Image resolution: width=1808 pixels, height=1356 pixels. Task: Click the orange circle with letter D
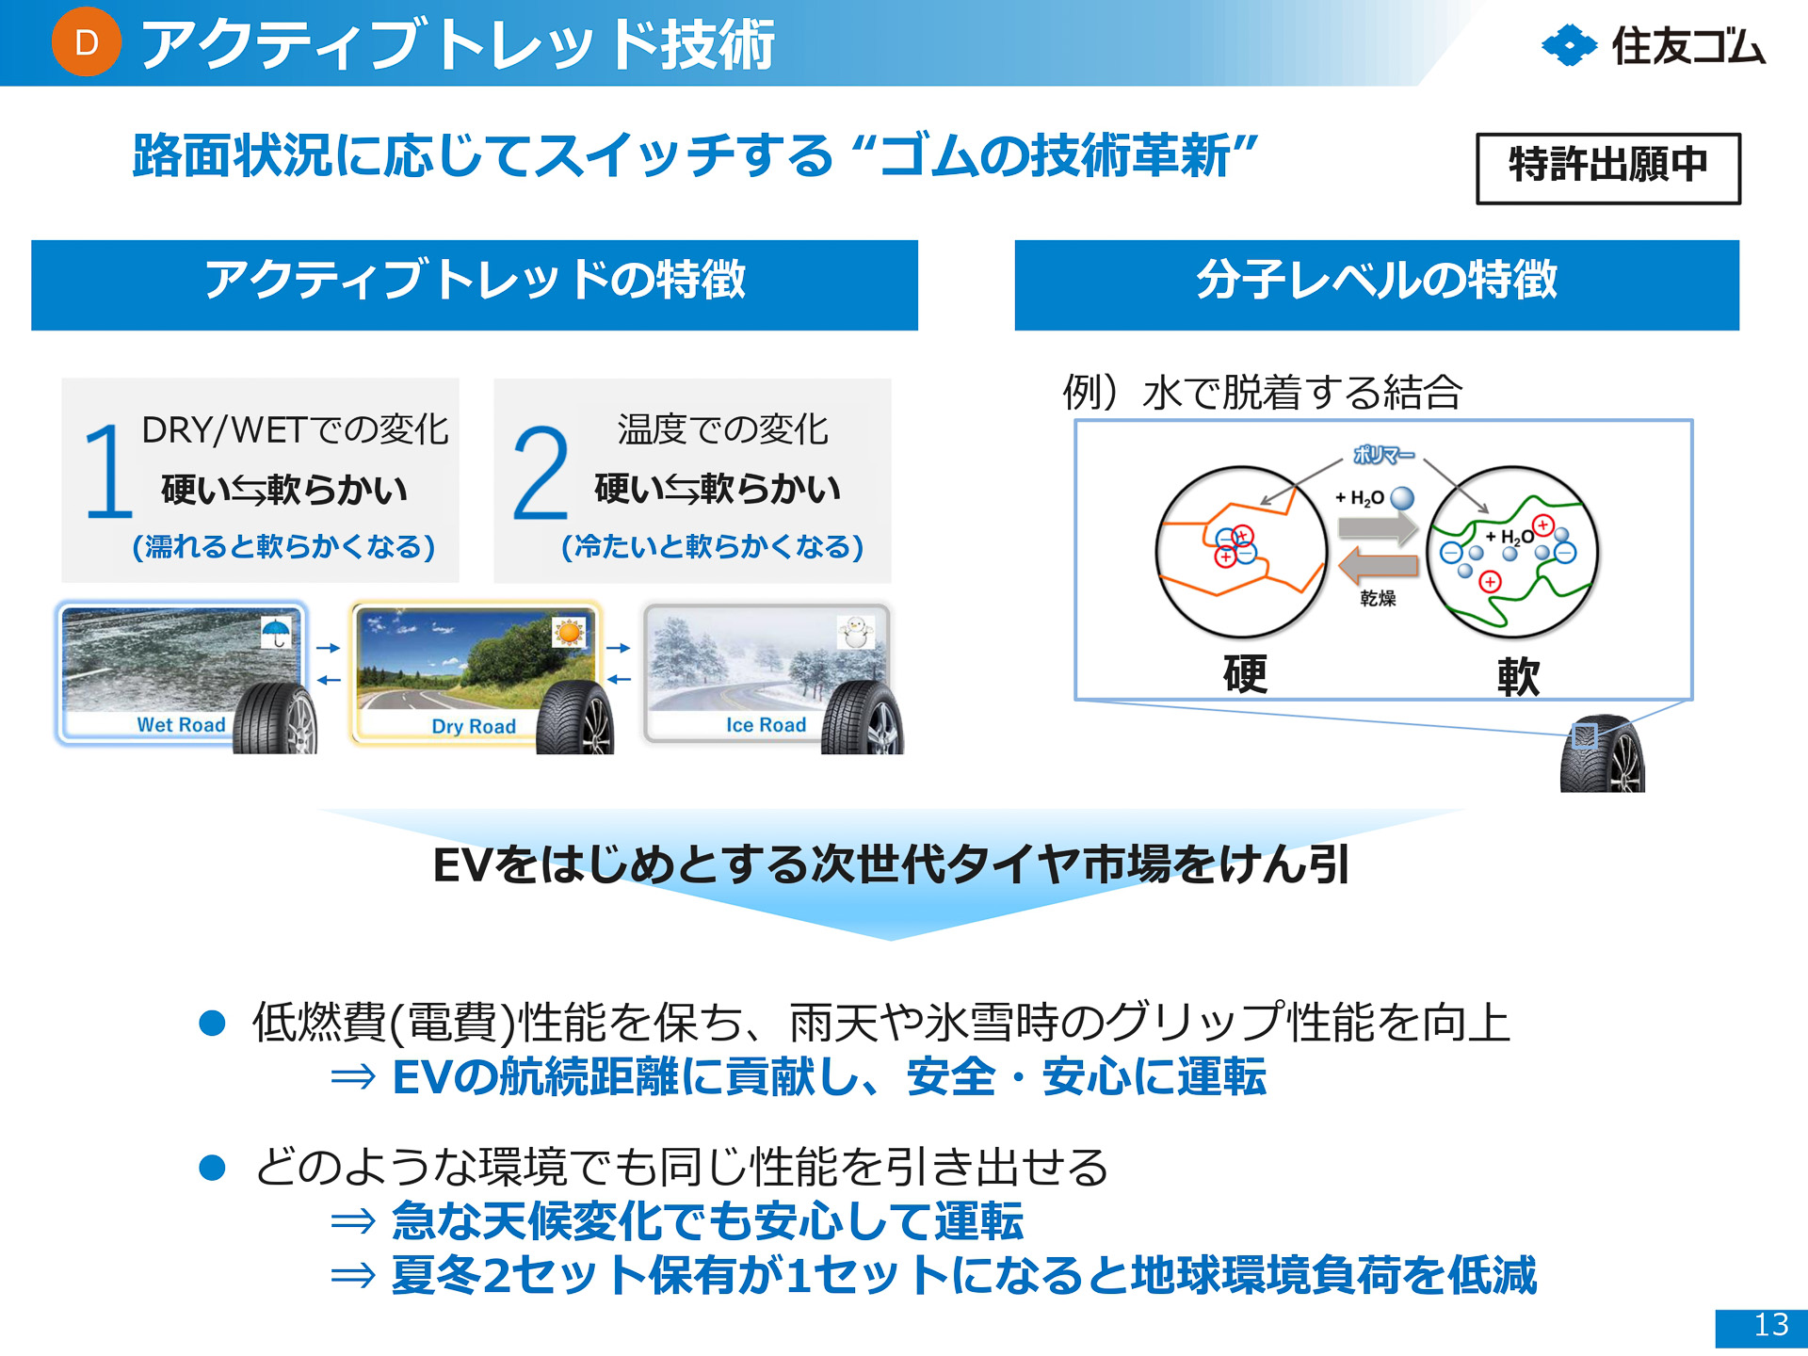86,42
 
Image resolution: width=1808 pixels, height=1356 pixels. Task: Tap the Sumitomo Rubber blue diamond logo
1569,45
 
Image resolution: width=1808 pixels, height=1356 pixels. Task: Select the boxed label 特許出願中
1607,168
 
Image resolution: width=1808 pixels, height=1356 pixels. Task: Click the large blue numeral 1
108,471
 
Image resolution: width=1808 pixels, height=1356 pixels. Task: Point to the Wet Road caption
181,725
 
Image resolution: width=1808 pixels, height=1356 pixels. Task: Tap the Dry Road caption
474,726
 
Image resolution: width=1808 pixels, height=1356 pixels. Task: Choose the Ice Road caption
766,725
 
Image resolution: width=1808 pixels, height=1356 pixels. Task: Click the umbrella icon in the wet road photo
276,632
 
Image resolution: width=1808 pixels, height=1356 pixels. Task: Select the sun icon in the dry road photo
569,632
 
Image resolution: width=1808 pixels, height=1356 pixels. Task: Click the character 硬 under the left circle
1244,674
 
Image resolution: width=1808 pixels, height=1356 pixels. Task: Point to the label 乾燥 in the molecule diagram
1378,598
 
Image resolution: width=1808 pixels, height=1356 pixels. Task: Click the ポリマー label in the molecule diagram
1382,455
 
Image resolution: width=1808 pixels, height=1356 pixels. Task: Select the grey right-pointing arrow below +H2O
1379,528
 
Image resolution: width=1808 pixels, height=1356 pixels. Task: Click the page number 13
1770,1325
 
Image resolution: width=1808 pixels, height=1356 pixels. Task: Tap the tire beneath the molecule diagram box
1602,756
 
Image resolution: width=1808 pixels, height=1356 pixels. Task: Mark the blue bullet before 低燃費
213,1023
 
